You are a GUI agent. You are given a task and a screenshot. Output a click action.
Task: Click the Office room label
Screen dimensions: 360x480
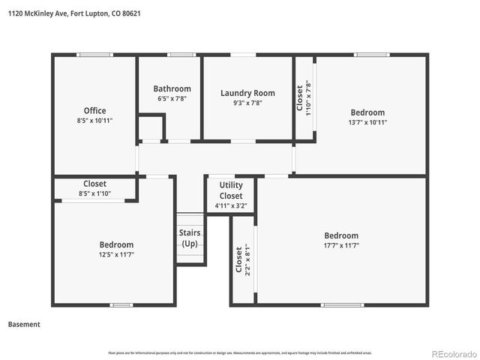pyautogui.click(x=94, y=111)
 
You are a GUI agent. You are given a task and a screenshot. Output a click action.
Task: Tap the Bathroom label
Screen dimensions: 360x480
pyautogui.click(x=172, y=88)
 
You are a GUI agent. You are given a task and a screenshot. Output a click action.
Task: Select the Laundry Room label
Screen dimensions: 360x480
pyautogui.click(x=247, y=93)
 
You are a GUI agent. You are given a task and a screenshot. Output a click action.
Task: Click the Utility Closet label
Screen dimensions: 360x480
pyautogui.click(x=231, y=190)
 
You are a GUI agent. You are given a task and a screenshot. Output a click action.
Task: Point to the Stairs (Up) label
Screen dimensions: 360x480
pyautogui.click(x=190, y=238)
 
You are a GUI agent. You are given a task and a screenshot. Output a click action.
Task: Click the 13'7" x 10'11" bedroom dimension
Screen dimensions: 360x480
pyautogui.click(x=367, y=122)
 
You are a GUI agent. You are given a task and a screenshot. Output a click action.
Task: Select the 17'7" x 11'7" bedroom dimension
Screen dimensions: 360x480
pyautogui.click(x=341, y=244)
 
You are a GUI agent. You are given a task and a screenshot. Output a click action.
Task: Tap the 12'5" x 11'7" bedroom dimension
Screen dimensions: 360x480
pyautogui.click(x=116, y=254)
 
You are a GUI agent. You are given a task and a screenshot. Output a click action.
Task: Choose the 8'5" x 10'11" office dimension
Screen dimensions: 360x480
pyautogui.click(x=94, y=121)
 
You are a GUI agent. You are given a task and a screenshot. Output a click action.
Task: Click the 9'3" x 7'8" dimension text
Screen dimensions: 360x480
pyautogui.click(x=247, y=103)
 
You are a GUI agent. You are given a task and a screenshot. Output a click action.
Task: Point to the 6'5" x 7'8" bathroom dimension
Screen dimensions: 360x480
pyautogui.click(x=172, y=98)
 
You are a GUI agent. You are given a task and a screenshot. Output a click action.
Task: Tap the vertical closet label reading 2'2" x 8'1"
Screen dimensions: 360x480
pyautogui.click(x=242, y=259)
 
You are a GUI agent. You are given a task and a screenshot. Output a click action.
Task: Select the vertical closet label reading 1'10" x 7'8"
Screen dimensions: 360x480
pyautogui.click(x=303, y=97)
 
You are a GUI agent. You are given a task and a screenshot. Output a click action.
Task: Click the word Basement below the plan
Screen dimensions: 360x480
pyautogui.click(x=24, y=325)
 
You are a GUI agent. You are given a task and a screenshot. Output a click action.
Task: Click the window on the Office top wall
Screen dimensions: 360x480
pyautogui.click(x=95, y=55)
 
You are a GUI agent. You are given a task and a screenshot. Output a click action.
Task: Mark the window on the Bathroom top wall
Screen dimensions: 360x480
pyautogui.click(x=181, y=55)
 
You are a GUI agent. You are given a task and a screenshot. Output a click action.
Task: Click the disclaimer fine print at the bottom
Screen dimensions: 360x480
pyautogui.click(x=239, y=352)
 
